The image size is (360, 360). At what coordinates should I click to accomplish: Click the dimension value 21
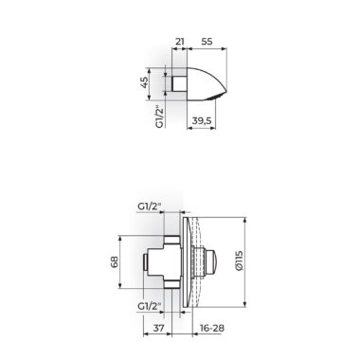point(180,42)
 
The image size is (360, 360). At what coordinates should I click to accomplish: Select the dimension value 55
point(207,42)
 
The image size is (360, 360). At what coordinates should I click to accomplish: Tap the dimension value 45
point(143,82)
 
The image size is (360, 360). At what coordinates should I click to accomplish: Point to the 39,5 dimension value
point(202,120)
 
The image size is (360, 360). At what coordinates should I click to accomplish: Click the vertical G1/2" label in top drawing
point(160,117)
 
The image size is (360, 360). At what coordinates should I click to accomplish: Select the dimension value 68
point(115,261)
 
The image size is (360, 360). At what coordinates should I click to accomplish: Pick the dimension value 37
point(158,328)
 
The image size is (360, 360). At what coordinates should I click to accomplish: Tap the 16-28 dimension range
point(212,328)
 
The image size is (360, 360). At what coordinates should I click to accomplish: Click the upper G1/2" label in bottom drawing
point(150,207)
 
